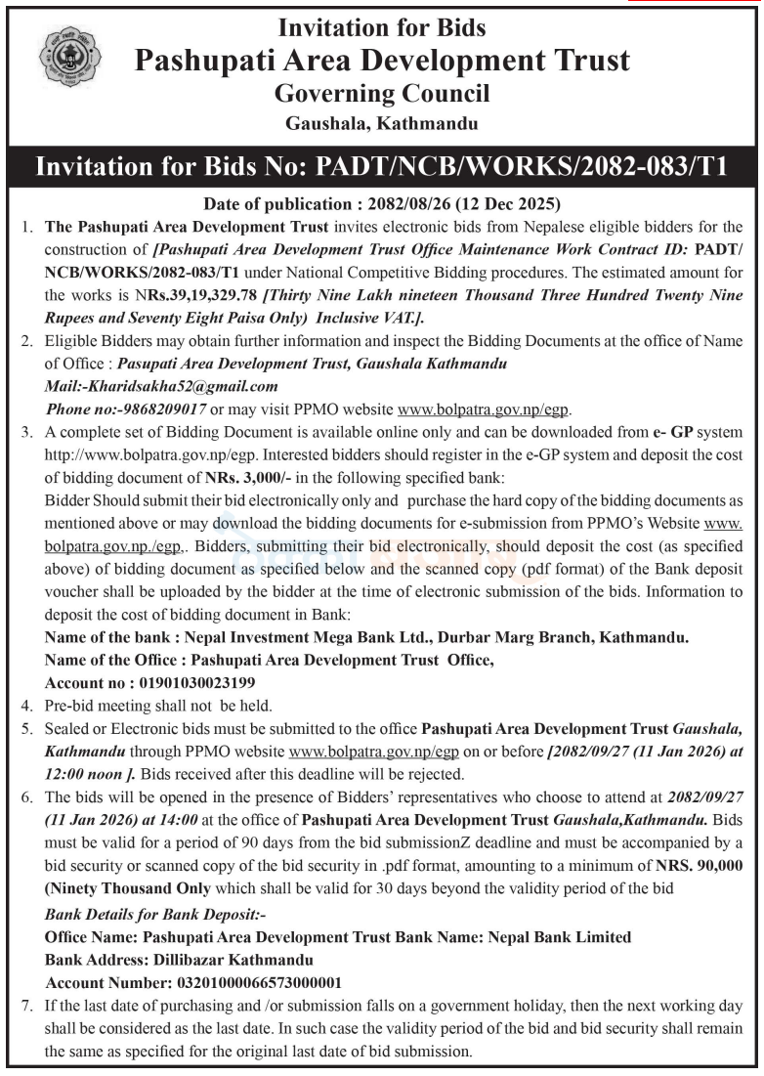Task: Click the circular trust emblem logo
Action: pyautogui.click(x=68, y=58)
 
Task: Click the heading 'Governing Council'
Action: pyautogui.click(x=382, y=94)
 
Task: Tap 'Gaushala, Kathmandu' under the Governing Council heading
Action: pyautogui.click(x=382, y=124)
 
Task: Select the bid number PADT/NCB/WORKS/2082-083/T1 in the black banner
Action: pyautogui.click(x=522, y=166)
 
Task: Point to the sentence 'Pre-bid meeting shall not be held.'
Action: pyautogui.click(x=160, y=705)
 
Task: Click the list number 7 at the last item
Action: pyautogui.click(x=26, y=1005)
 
